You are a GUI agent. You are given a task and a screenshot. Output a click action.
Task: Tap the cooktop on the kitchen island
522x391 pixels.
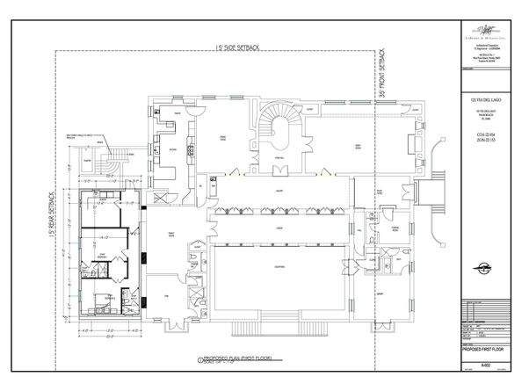coord(189,149)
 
